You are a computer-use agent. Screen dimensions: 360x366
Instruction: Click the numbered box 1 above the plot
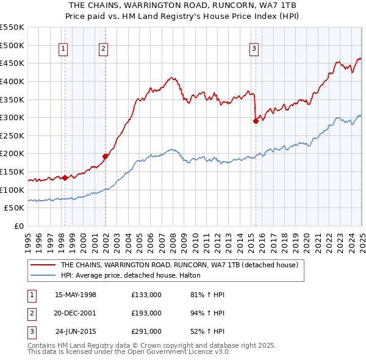(x=64, y=50)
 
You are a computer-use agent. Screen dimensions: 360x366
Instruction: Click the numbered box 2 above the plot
(x=104, y=50)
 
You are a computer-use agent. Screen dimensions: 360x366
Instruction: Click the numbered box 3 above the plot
(x=254, y=50)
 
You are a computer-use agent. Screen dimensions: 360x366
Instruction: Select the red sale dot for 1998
(x=65, y=178)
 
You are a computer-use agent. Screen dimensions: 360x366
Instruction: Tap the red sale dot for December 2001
(x=105, y=156)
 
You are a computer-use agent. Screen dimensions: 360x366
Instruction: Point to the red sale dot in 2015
(x=256, y=121)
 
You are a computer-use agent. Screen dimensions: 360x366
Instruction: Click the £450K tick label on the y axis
(x=12, y=63)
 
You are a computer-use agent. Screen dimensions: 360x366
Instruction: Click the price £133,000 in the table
(x=146, y=295)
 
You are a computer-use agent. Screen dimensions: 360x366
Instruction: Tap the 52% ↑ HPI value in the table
(x=207, y=331)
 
